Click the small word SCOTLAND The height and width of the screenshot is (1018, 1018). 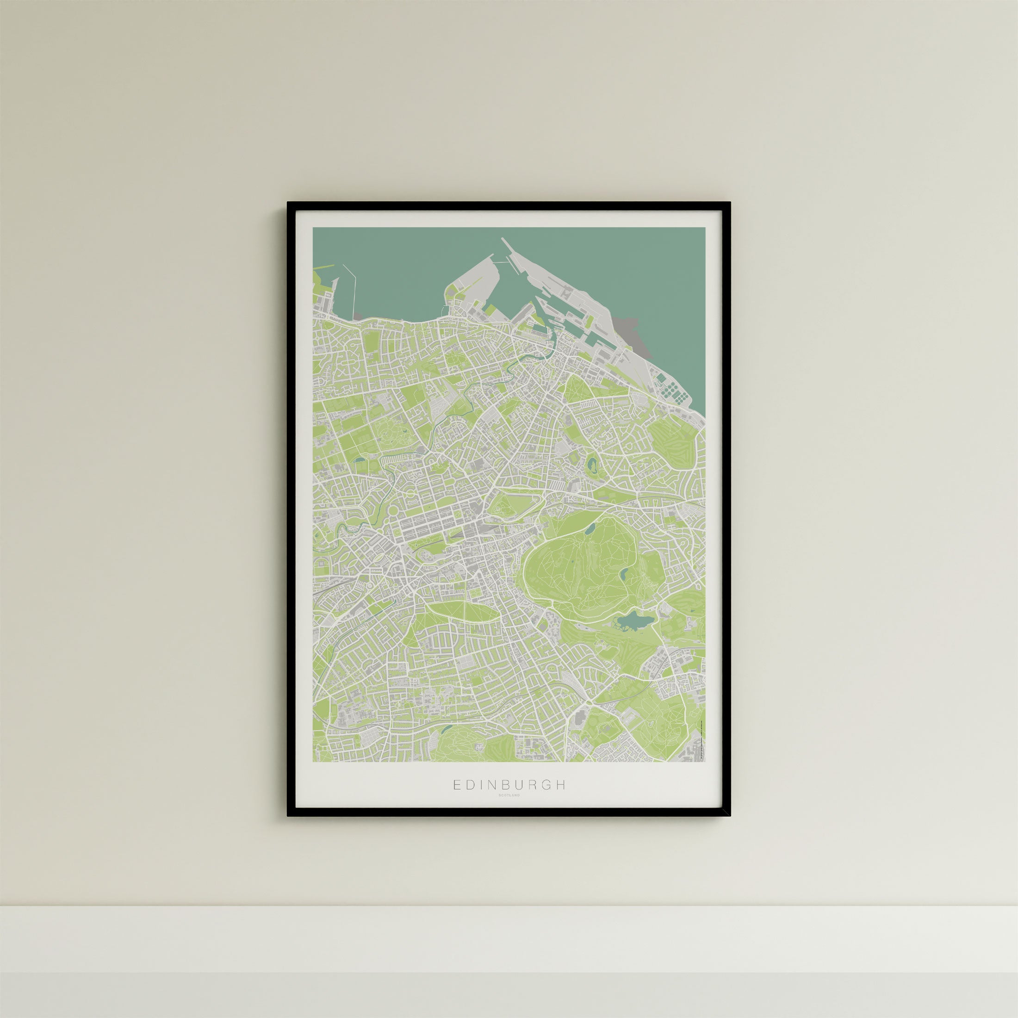click(x=509, y=810)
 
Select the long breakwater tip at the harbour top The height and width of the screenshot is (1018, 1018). click(x=504, y=241)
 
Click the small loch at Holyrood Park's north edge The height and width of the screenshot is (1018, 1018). click(x=590, y=528)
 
